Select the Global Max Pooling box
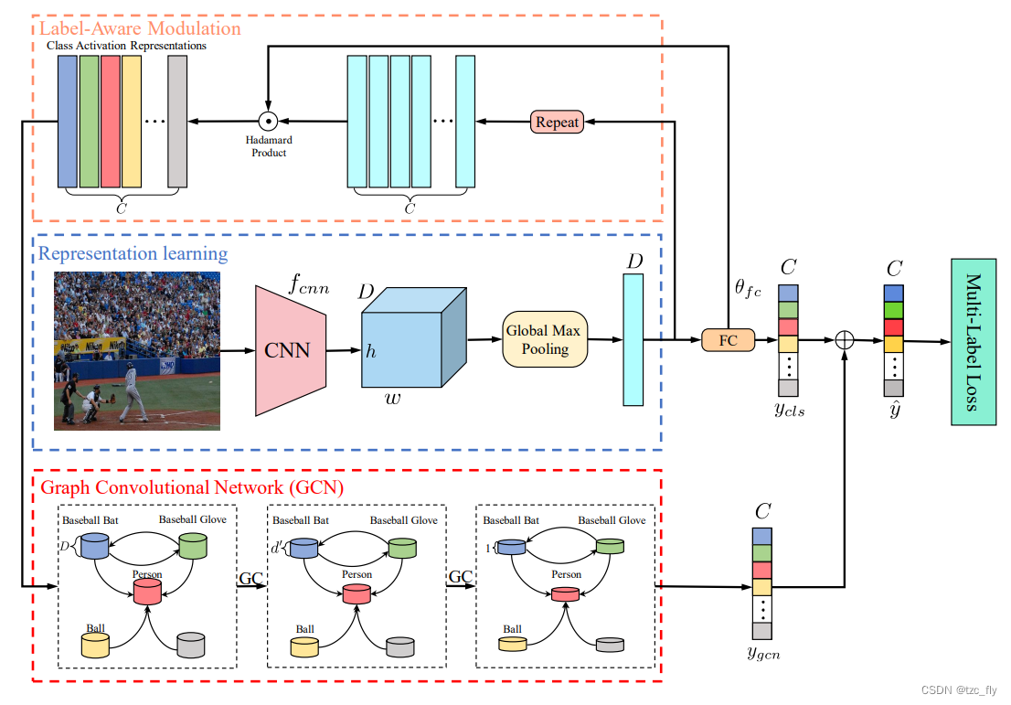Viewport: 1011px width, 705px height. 545,339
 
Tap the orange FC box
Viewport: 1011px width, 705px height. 729,339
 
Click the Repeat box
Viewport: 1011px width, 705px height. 557,122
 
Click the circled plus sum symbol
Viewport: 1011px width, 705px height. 845,339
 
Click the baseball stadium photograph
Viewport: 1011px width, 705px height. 137,351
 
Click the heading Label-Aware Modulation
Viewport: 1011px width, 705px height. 140,27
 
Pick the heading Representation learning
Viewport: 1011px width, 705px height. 133,253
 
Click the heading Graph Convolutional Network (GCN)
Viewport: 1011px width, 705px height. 192,487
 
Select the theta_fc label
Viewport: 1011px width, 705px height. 748,290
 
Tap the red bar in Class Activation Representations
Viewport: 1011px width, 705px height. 111,121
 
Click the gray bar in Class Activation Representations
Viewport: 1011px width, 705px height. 177,121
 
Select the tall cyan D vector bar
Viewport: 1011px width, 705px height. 633,339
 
